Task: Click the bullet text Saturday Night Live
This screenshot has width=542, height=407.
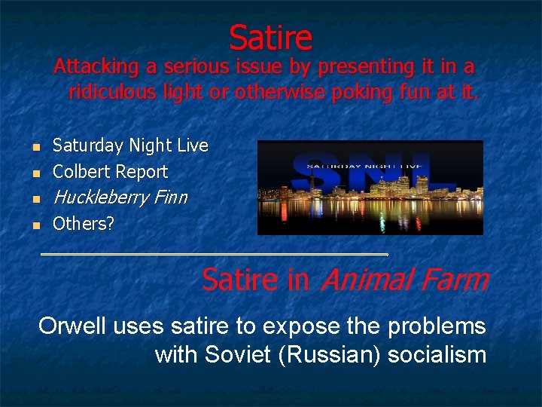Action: click(x=130, y=145)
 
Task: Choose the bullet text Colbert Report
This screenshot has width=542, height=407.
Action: click(x=110, y=171)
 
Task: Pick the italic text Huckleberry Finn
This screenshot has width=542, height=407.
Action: click(x=120, y=197)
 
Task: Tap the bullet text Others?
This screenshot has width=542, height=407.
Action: click(x=83, y=223)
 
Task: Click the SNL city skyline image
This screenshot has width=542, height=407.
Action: click(x=370, y=188)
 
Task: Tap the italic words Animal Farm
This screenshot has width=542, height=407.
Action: click(x=404, y=280)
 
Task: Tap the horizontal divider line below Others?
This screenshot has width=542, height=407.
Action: click(x=214, y=255)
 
